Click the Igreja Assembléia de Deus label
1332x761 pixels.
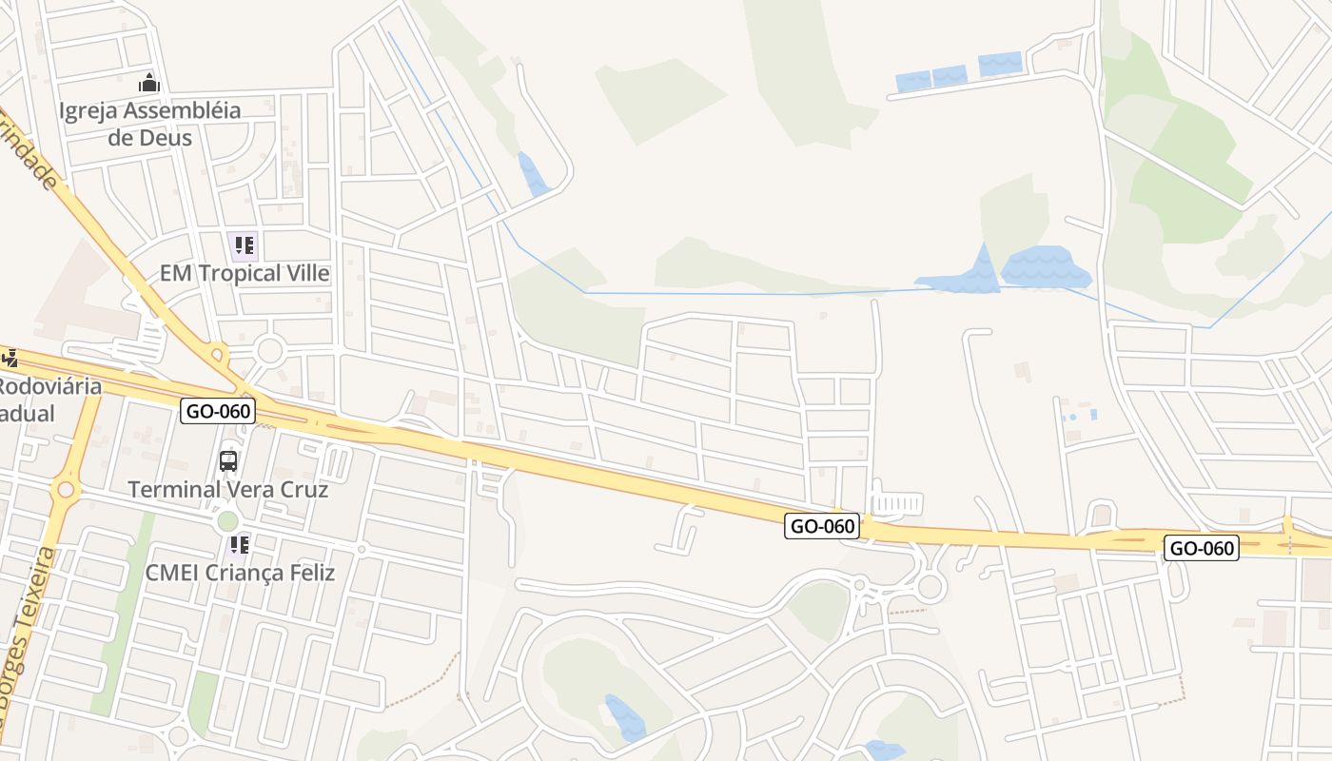point(149,124)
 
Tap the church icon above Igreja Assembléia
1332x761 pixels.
point(148,83)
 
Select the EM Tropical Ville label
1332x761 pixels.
point(245,274)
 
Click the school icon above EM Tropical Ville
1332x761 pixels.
point(243,245)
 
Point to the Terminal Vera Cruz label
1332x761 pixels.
point(227,490)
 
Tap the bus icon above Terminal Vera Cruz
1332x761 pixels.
point(228,461)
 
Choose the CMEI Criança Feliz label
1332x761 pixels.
point(240,573)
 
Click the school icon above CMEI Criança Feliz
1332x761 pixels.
point(239,545)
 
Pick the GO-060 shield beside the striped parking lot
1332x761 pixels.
point(822,525)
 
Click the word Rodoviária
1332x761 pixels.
point(49,387)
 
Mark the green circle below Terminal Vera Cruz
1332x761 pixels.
point(227,520)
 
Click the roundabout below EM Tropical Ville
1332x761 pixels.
point(269,350)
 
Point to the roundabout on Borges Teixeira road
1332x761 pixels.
point(66,490)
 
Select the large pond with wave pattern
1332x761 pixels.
point(1046,268)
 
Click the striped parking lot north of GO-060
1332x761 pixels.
point(897,503)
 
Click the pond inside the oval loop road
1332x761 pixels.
point(624,717)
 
